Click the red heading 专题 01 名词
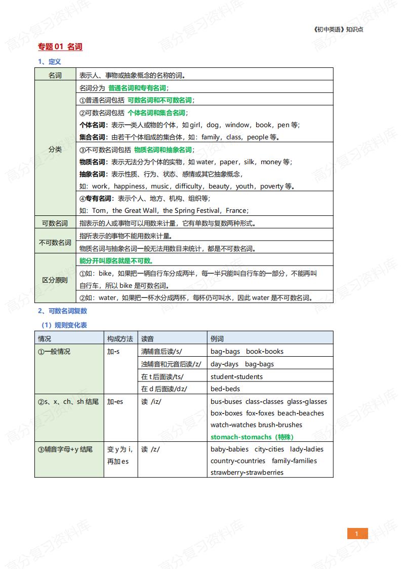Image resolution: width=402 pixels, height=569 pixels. tap(60, 47)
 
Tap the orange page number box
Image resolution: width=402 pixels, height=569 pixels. tap(357, 534)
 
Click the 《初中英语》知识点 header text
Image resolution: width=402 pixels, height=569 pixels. tap(338, 29)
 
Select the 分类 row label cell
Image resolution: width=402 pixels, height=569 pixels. tap(55, 149)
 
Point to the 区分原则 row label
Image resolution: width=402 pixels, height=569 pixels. tap(55, 280)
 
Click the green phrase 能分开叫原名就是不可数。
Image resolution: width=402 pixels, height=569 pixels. tap(116, 260)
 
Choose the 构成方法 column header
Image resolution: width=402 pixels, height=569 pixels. tap(120, 338)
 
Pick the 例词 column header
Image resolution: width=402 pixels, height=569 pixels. tap(217, 338)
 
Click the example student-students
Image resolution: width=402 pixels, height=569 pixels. tap(236, 376)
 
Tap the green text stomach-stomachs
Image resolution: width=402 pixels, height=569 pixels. tap(241, 437)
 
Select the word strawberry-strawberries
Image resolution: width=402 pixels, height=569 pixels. tap(247, 472)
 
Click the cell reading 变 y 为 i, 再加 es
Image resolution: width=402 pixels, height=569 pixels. tap(119, 455)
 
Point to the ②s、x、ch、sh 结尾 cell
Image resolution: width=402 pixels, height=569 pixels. tap(68, 402)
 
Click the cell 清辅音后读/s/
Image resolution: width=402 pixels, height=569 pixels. tap(162, 351)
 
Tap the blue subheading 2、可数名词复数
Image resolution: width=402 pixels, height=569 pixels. tap(63, 311)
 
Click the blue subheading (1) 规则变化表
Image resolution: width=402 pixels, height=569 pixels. tap(64, 325)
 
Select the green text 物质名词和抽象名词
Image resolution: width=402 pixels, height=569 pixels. tap(163, 149)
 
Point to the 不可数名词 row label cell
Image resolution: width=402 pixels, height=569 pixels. tap(55, 242)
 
